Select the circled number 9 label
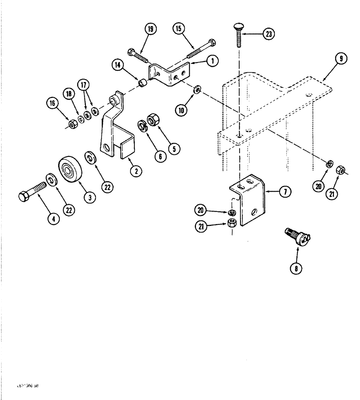pyautogui.click(x=340, y=59)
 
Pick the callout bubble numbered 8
pyautogui.click(x=296, y=268)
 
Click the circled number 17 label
pyautogui.click(x=84, y=86)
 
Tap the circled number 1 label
pyautogui.click(x=212, y=61)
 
